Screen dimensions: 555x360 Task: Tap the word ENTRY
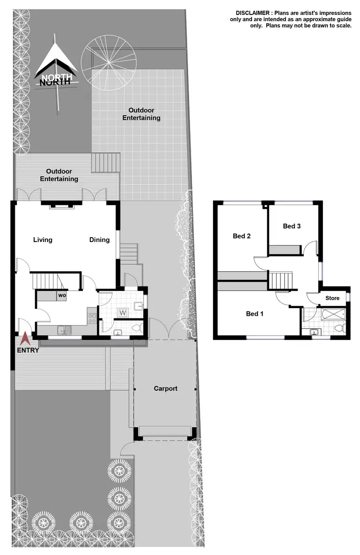pyautogui.click(x=28, y=350)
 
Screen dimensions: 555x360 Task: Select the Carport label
pyautogui.click(x=166, y=388)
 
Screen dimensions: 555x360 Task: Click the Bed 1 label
pyautogui.click(x=255, y=314)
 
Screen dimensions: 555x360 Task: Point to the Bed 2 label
pyautogui.click(x=242, y=236)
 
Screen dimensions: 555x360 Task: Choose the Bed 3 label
pyautogui.click(x=292, y=226)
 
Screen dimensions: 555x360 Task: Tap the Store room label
pyautogui.click(x=332, y=298)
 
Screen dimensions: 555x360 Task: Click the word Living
pyautogui.click(x=43, y=240)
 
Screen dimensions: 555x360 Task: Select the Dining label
pyautogui.click(x=99, y=240)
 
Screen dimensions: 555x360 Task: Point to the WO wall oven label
pyautogui.click(x=62, y=295)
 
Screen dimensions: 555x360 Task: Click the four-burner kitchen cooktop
pyautogui.click(x=91, y=317)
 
